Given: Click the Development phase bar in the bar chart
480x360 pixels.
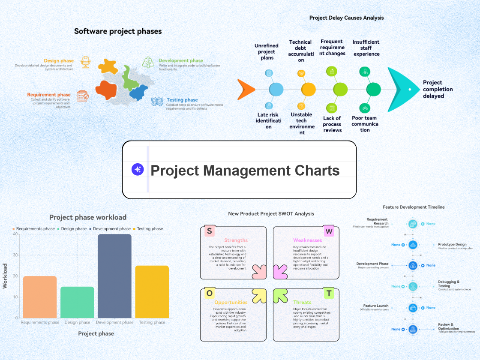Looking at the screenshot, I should (114, 276).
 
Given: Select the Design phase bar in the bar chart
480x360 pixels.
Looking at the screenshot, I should (77, 302).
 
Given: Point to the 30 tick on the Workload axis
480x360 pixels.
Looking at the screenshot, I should (15, 255).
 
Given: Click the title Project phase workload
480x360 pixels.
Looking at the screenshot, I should (88, 217).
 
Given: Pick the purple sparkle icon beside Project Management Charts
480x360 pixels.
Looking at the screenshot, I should (138, 170).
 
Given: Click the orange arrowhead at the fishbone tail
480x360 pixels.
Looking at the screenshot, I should (246, 89).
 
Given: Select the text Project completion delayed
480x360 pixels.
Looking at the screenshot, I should (438, 89).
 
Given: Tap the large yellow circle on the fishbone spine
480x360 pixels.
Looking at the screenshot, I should (308, 89).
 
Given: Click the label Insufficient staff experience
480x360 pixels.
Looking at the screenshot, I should (366, 48).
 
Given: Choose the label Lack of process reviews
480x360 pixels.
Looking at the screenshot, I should (332, 124).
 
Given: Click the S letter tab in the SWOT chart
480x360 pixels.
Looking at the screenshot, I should (209, 231).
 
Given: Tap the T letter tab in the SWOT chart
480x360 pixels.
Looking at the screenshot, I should (329, 293).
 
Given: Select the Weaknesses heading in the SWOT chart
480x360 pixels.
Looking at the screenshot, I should (307, 240).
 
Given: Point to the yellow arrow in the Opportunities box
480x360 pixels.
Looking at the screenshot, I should (259, 295).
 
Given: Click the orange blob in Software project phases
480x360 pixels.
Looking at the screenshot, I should (106, 90).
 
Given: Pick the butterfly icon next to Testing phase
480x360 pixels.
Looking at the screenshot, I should (157, 102).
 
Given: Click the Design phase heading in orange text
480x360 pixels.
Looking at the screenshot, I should (59, 61).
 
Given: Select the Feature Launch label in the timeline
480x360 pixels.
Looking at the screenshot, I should (376, 306).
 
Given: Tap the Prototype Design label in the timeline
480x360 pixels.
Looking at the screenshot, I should (452, 244).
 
